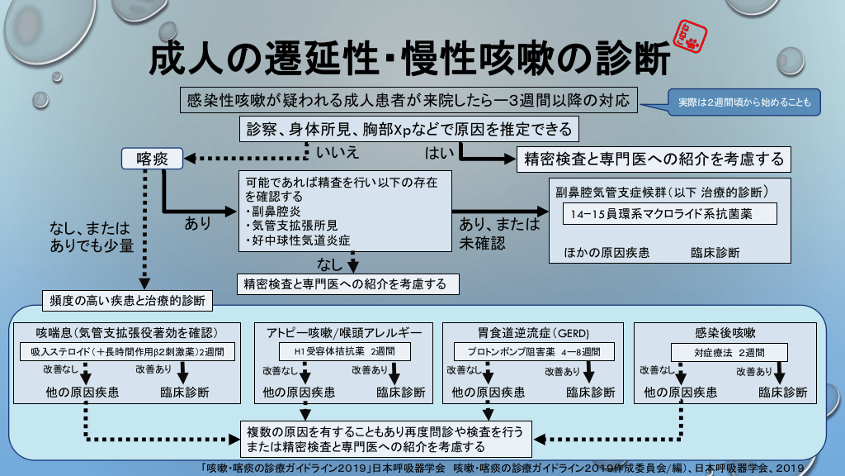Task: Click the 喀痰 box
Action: [x=152, y=158]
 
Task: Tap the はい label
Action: [x=438, y=152]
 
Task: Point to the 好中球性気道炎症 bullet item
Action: [x=298, y=240]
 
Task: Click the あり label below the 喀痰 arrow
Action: [x=197, y=223]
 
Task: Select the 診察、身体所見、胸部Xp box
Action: [x=408, y=130]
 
